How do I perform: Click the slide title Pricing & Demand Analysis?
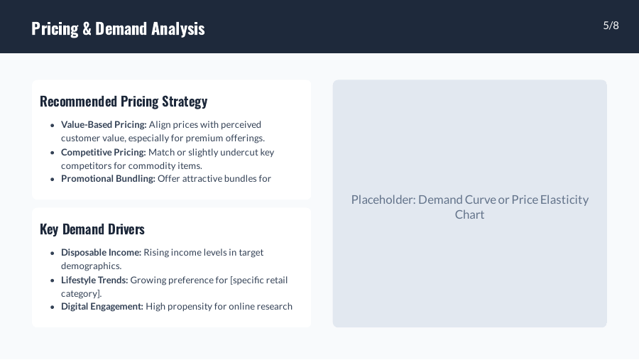(118, 28)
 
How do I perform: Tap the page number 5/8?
(611, 26)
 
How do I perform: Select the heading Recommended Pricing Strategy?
(124, 102)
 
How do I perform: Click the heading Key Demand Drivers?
(92, 229)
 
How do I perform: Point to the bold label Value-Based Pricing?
(104, 125)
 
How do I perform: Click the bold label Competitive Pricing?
(104, 152)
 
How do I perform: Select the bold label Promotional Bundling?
(108, 179)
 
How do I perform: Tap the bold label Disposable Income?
(101, 253)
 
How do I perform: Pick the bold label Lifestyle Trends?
(94, 280)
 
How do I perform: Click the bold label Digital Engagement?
(102, 307)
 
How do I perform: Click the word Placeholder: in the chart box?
(383, 200)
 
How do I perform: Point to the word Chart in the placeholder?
(469, 214)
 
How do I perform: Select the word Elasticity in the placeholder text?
(564, 200)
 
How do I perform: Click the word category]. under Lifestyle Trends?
(81, 293)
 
